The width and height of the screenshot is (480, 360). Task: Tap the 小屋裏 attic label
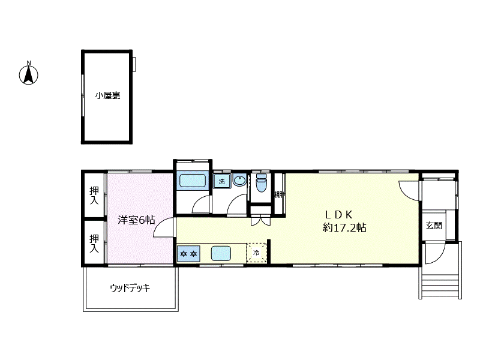(107, 95)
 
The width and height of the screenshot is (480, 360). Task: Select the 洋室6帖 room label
(137, 220)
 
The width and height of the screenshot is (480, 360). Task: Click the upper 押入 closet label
(94, 196)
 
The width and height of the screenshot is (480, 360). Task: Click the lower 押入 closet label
(94, 244)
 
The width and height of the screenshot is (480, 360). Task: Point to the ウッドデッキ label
(130, 288)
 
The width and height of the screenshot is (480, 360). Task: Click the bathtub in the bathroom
(192, 181)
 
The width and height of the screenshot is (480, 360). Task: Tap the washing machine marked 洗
(222, 181)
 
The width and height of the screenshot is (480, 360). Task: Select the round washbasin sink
(239, 181)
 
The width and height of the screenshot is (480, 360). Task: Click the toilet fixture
(261, 183)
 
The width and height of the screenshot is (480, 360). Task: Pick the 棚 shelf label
(279, 194)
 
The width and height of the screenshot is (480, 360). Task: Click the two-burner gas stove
(188, 253)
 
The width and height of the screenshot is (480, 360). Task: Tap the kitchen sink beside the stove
(221, 253)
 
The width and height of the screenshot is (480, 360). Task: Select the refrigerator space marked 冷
(257, 253)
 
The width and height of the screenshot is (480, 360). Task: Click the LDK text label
(339, 214)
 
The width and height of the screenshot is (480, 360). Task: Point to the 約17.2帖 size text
(344, 228)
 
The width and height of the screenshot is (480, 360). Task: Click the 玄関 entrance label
(434, 226)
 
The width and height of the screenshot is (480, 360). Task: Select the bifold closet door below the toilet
(261, 221)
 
